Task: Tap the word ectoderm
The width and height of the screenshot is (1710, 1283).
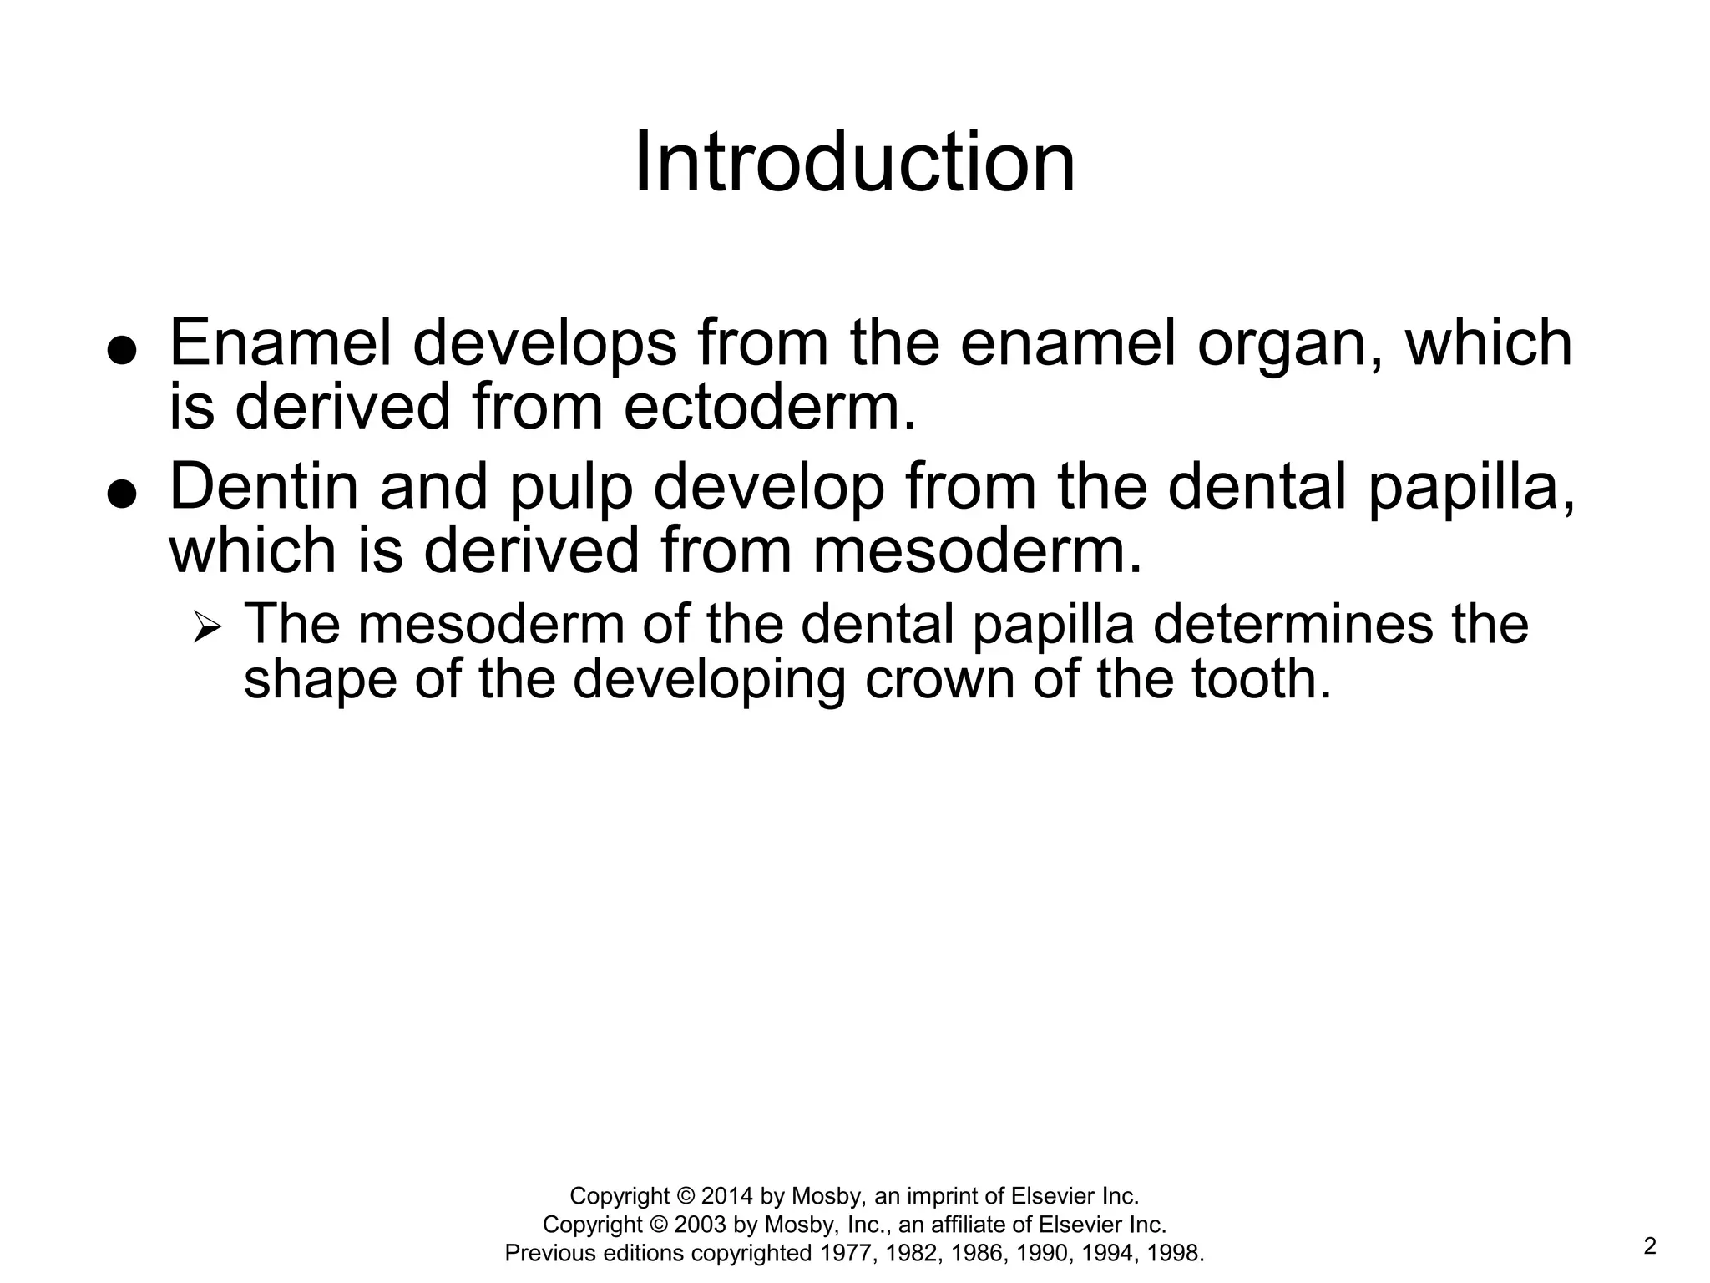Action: point(768,407)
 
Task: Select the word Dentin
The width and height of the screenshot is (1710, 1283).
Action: point(263,487)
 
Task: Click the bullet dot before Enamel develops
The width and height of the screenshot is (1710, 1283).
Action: point(122,352)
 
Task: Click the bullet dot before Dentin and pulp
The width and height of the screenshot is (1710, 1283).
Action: point(122,494)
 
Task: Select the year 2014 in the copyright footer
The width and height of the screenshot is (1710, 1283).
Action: point(727,1196)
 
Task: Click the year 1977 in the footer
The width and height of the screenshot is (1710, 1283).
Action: point(847,1253)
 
